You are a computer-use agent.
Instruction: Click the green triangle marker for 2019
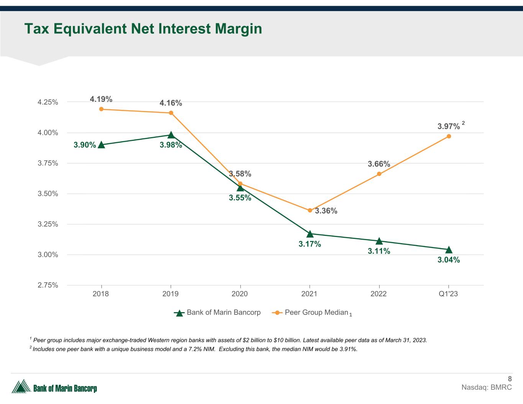pyautogui.click(x=171, y=135)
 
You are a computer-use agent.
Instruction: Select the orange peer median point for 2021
pyautogui.click(x=310, y=210)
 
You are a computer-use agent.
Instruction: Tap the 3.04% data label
pyautogui.click(x=449, y=260)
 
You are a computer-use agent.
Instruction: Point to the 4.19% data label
pyautogui.click(x=101, y=99)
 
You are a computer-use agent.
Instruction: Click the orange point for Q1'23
pyautogui.click(x=449, y=136)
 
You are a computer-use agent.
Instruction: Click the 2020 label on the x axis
pyautogui.click(x=240, y=294)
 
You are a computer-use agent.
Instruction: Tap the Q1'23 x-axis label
pyautogui.click(x=448, y=294)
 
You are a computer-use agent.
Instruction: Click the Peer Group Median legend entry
pyautogui.click(x=316, y=312)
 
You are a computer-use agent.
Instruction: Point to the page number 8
pyautogui.click(x=510, y=379)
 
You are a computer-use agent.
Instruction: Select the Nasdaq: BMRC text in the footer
pyautogui.click(x=487, y=388)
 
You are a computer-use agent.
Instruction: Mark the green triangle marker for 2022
pyautogui.click(x=379, y=241)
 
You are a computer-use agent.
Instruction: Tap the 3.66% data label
pyautogui.click(x=379, y=164)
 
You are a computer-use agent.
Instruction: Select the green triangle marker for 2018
pyautogui.click(x=101, y=145)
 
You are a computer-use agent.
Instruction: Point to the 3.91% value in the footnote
pyautogui.click(x=349, y=349)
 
